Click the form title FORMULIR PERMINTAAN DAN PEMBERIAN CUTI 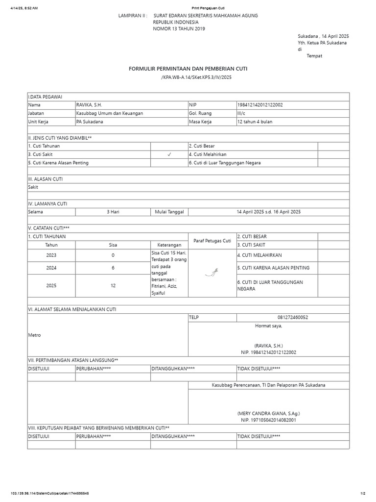(188, 69)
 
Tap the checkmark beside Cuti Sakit (168, 154)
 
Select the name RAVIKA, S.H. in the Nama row (89, 105)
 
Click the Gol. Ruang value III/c (242, 113)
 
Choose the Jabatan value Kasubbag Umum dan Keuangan (109, 113)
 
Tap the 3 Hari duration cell (113, 212)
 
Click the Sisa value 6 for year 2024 (113, 268)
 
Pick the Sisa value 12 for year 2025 (113, 285)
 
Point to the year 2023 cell (51, 255)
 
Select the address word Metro (34, 335)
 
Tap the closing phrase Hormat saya (268, 326)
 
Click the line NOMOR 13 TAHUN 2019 (179, 29)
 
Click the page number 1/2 (363, 493)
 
